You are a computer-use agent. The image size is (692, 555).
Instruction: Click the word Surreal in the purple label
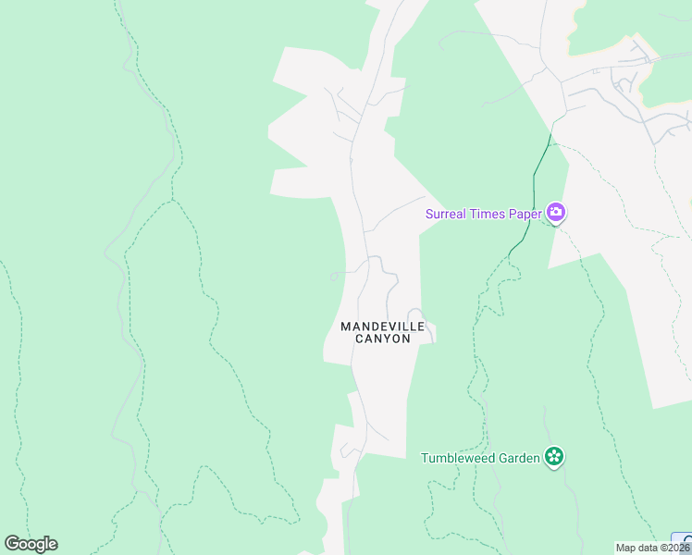pos(447,214)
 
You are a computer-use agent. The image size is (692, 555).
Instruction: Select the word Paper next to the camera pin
pos(525,214)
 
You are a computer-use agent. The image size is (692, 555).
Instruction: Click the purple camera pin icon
pos(556,213)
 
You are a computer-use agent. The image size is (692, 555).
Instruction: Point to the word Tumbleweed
pos(459,458)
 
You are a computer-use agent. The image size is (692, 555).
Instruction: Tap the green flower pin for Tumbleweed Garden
pos(554,457)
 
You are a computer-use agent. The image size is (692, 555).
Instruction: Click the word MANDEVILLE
pos(383,327)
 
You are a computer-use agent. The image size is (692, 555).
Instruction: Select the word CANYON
pos(383,339)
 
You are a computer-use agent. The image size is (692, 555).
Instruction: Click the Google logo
pos(31,544)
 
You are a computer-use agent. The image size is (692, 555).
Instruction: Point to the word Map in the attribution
pos(626,548)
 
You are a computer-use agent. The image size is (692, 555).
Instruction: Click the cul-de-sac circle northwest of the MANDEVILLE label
pos(334,276)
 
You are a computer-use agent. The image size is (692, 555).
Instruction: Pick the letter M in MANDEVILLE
pos(346,327)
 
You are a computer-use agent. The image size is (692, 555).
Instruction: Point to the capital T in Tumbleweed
pos(425,458)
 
